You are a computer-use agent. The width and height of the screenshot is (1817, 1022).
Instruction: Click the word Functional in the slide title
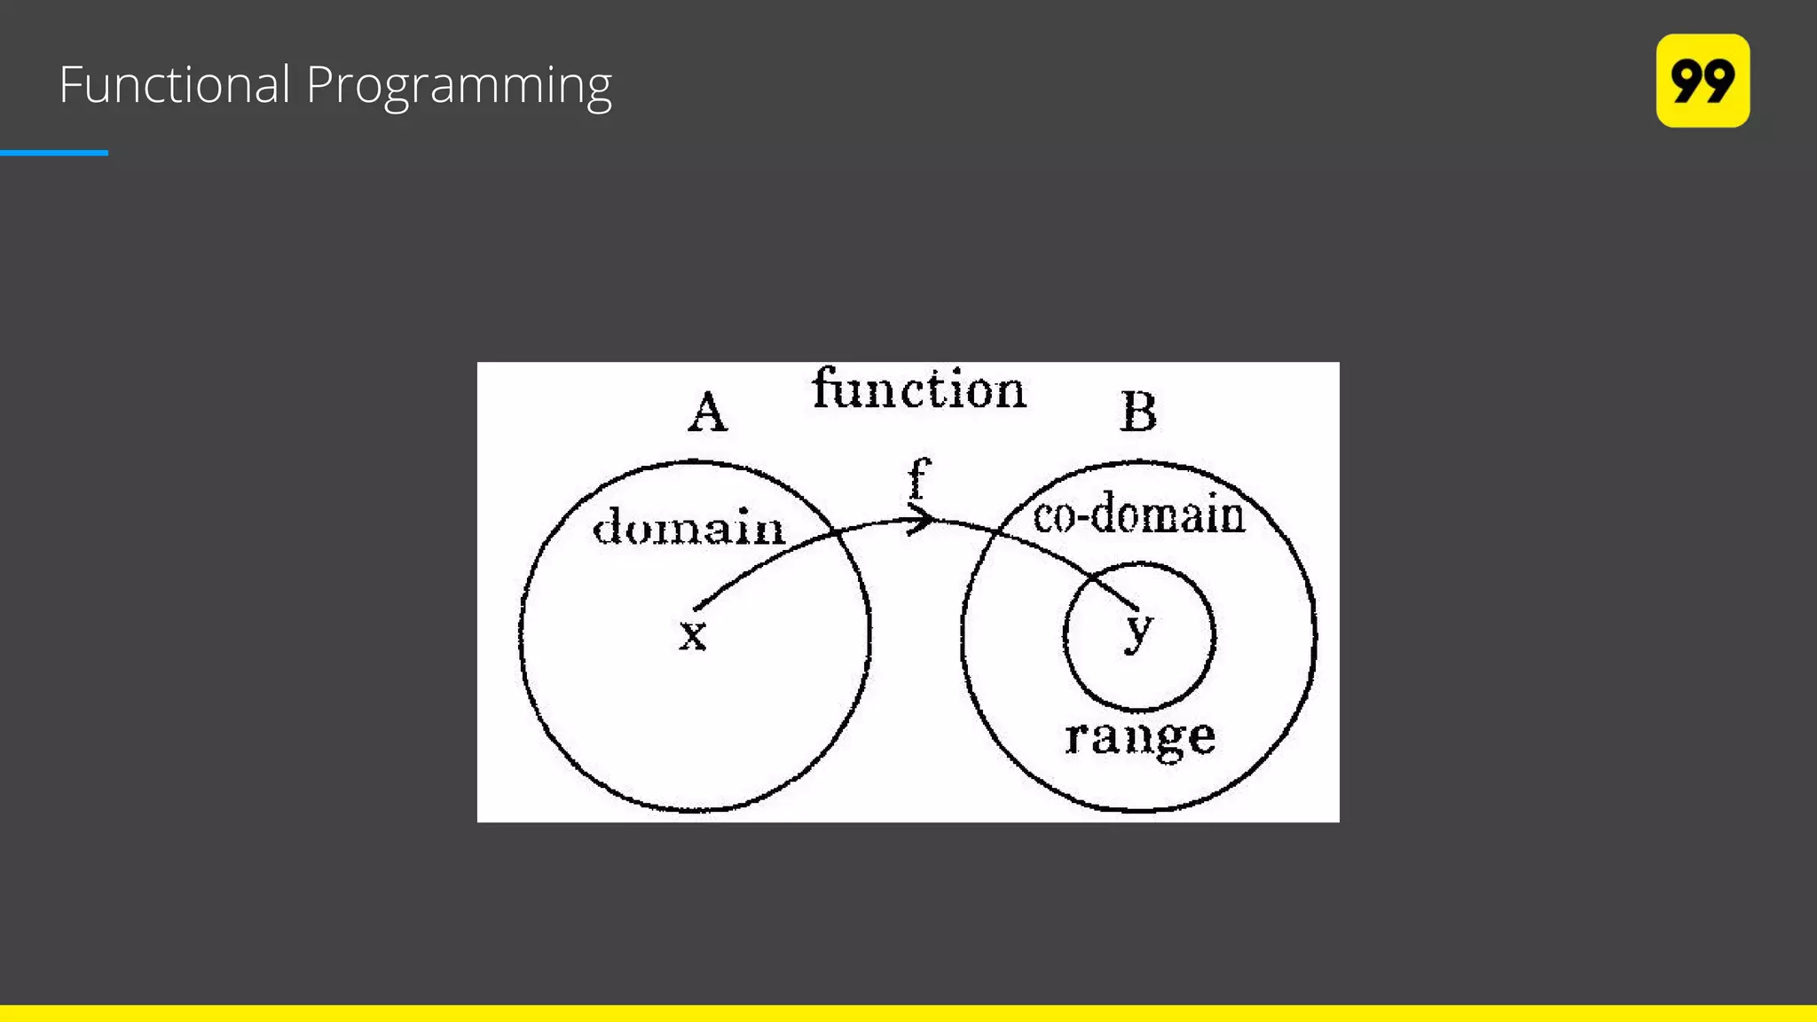pyautogui.click(x=175, y=85)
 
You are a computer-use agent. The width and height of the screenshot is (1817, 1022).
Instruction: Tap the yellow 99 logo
pyautogui.click(x=1703, y=81)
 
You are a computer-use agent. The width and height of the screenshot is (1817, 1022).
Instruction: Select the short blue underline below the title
pyautogui.click(x=54, y=153)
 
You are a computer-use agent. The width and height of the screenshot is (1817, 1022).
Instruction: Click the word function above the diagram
pyautogui.click(x=919, y=389)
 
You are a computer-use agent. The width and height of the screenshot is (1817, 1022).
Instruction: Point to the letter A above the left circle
pyautogui.click(x=708, y=413)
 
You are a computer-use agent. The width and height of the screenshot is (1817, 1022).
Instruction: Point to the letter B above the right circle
pyautogui.click(x=1138, y=413)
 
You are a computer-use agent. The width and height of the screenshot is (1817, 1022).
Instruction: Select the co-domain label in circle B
pyautogui.click(x=1139, y=515)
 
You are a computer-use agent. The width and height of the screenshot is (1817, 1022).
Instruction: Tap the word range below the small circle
pyautogui.click(x=1140, y=737)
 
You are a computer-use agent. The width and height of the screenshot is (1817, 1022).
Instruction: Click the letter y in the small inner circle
pyautogui.click(x=1138, y=630)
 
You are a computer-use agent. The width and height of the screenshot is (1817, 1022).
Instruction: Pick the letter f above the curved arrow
pyautogui.click(x=919, y=479)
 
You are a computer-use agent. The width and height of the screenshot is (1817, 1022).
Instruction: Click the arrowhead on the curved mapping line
pyautogui.click(x=923, y=519)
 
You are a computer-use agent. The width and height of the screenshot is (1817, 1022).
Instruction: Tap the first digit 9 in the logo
pyautogui.click(x=1686, y=81)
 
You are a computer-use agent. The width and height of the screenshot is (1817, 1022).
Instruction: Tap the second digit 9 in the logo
pyautogui.click(x=1719, y=81)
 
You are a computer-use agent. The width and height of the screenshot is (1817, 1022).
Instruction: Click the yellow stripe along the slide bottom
pyautogui.click(x=908, y=1013)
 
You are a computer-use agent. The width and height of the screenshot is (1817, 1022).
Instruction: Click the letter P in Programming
pyautogui.click(x=320, y=85)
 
